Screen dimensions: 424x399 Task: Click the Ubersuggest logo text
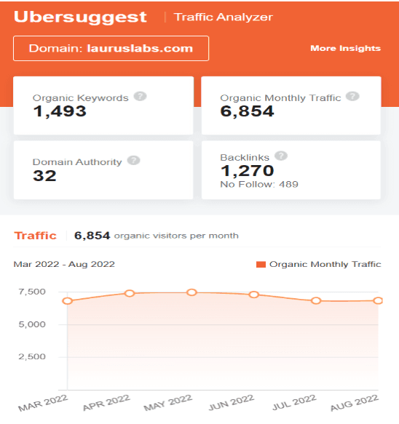[80, 17]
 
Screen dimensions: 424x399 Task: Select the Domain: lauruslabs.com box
[111, 49]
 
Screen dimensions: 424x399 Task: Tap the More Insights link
[345, 49]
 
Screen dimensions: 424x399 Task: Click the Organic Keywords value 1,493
[60, 111]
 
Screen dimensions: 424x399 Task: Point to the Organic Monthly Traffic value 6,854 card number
[247, 111]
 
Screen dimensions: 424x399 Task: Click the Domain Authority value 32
[44, 175]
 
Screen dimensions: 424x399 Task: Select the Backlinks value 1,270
[247, 171]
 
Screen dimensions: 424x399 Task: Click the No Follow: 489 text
[259, 185]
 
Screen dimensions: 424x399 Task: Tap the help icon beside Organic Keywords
[140, 97]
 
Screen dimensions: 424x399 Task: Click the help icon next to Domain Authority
[133, 161]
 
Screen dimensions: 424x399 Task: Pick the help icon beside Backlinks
[281, 156]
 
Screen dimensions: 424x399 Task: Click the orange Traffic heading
[35, 236]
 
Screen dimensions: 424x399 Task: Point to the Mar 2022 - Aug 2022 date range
[64, 264]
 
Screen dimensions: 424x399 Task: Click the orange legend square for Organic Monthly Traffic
[261, 265]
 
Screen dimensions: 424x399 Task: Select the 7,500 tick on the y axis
[33, 292]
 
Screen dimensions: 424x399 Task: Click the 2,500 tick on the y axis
[33, 357]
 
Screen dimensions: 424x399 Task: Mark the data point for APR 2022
[130, 293]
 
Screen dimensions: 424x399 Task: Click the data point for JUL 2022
[316, 300]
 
